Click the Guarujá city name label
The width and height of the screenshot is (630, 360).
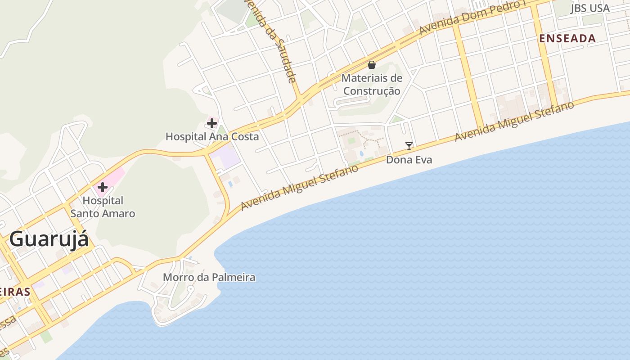[x=49, y=239]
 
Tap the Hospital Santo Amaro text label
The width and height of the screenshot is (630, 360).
[x=103, y=207]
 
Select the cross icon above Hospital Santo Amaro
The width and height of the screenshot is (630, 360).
[x=103, y=187]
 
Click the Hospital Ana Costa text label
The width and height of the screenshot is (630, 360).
[x=212, y=136]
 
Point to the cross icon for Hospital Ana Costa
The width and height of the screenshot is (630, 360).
[x=212, y=123]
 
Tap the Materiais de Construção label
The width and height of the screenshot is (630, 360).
[x=372, y=84]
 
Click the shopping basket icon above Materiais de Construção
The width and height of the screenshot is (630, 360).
[x=372, y=65]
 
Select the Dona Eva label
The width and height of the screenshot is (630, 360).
[x=409, y=159]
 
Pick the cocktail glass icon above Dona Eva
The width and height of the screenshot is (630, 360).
[x=409, y=146]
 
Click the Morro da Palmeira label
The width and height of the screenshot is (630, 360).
[x=209, y=277]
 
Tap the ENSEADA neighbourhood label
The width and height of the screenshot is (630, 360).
[x=567, y=39]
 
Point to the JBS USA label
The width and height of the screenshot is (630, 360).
[x=590, y=8]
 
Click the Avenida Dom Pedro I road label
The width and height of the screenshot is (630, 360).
[x=479, y=17]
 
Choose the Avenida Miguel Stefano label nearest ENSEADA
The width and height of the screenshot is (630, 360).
[x=515, y=121]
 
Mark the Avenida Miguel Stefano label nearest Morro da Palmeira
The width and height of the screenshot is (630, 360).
[x=300, y=188]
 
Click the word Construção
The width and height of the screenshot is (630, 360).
[x=372, y=90]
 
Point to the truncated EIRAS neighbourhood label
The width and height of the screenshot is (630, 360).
[x=15, y=291]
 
